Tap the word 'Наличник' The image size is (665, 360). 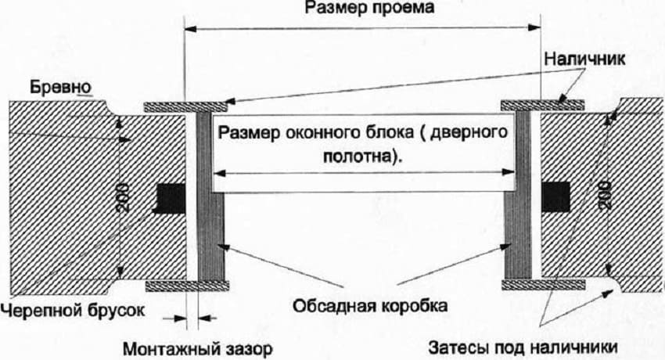pyautogui.click(x=581, y=59)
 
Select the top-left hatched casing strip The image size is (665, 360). pyautogui.click(x=185, y=106)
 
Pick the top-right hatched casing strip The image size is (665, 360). pyautogui.click(x=542, y=103)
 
